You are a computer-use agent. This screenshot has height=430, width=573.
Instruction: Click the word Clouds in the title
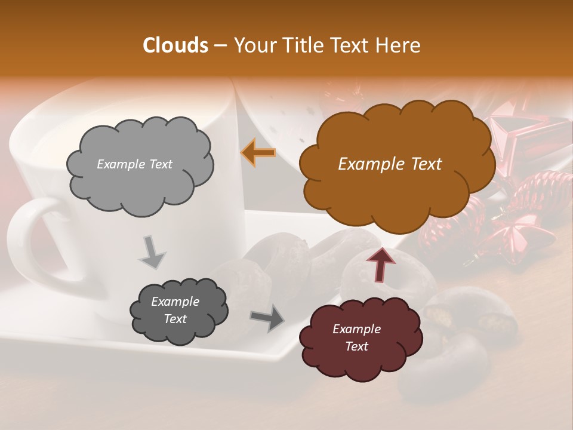click(x=175, y=45)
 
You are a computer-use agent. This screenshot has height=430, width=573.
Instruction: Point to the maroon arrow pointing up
click(x=381, y=263)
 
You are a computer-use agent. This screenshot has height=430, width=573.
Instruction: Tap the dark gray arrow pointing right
click(x=267, y=317)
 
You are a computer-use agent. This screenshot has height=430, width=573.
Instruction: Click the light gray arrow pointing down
click(x=152, y=252)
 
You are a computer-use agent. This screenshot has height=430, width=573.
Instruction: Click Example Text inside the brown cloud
click(x=390, y=164)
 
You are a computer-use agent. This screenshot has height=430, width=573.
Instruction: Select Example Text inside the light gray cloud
click(x=134, y=164)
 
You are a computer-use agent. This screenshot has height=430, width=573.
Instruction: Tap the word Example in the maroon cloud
click(x=356, y=329)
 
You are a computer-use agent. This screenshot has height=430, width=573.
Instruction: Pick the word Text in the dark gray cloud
click(x=175, y=319)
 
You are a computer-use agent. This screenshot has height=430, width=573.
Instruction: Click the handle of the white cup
click(x=30, y=239)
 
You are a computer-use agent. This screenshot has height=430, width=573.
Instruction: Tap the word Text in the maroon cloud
click(x=356, y=346)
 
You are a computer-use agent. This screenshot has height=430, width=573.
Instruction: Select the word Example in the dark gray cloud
click(x=175, y=302)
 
